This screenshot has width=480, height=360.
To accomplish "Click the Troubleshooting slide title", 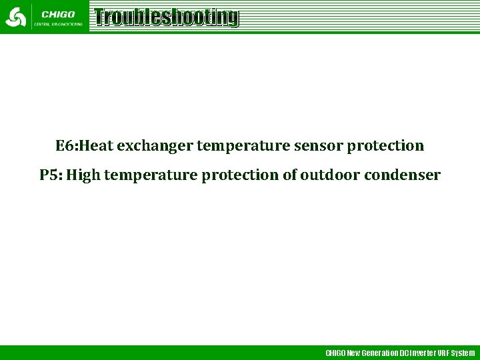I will (165, 17).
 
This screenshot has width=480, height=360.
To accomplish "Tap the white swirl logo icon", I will (16, 17).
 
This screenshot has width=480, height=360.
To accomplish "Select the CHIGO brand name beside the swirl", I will (58, 14).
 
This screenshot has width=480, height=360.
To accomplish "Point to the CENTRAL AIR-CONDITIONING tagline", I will (58, 24).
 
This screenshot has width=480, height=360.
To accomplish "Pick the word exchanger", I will (155, 146).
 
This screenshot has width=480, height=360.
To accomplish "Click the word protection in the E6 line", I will (385, 146).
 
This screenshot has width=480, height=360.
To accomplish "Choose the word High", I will (83, 175).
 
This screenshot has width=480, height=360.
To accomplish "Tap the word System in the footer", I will (463, 353).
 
